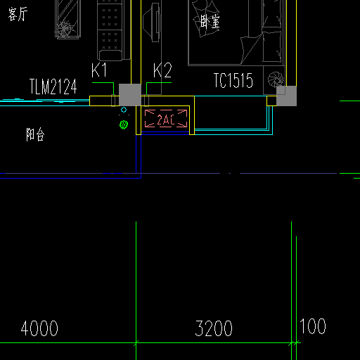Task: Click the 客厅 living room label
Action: coord(18,14)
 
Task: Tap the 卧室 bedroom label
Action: coord(210,22)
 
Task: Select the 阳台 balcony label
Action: coord(35,134)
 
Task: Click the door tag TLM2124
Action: coord(53,86)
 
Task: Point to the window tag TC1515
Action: coord(233,80)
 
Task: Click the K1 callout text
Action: coord(99,70)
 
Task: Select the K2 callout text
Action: coord(162,70)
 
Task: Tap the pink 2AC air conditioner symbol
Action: coord(166,119)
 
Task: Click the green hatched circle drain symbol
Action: coord(124,124)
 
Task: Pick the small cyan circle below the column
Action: coord(124,110)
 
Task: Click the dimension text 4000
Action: coord(39,328)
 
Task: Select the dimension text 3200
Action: coord(214,328)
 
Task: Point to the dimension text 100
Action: coord(313,326)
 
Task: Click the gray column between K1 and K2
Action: coord(130,95)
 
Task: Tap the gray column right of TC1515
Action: coord(287,96)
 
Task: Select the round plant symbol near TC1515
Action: coord(276,79)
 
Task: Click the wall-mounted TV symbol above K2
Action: coord(153,22)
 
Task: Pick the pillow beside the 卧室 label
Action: coord(206,19)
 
